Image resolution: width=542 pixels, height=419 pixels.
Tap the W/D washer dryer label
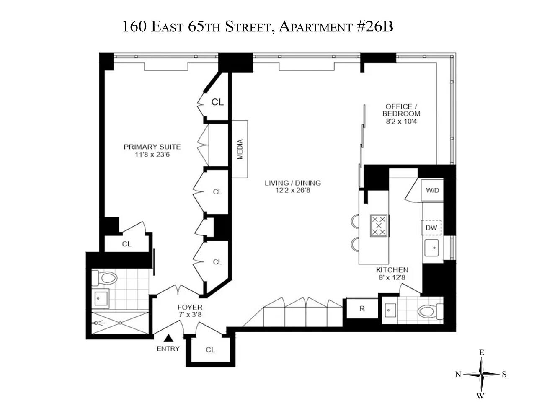432,190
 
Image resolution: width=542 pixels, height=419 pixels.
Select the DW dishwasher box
431,228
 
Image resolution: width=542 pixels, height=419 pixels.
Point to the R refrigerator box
362,309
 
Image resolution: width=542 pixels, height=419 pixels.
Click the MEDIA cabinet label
240,149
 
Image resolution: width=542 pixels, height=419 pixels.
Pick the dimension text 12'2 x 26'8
293,191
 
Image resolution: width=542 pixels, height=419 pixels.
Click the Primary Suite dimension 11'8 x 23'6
152,154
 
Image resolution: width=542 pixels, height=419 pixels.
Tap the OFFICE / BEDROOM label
401,110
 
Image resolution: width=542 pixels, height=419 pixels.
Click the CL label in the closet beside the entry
210,350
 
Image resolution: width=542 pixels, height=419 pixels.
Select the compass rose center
482,374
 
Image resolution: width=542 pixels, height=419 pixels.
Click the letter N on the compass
458,375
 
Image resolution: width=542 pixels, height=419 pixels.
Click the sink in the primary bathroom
100,299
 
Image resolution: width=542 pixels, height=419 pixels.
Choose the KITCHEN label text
392,270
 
